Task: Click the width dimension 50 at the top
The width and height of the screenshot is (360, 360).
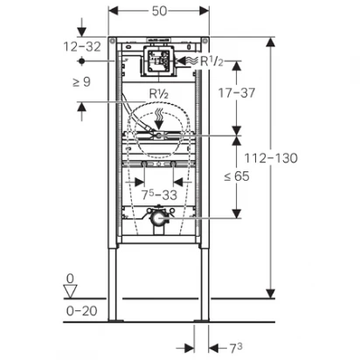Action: (159, 11)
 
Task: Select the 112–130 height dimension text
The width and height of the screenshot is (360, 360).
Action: (271, 158)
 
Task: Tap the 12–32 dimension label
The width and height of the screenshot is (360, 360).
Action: (82, 46)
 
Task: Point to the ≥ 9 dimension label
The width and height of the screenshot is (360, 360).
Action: (81, 82)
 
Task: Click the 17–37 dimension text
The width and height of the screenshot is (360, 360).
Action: (237, 93)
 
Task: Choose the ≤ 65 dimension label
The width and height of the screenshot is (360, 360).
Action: (237, 176)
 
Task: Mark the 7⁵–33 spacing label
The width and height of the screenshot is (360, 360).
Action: (159, 195)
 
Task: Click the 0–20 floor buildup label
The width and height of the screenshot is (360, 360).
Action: (81, 311)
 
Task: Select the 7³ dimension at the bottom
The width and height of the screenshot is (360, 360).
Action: (236, 348)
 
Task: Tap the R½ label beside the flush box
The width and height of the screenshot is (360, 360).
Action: (211, 61)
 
